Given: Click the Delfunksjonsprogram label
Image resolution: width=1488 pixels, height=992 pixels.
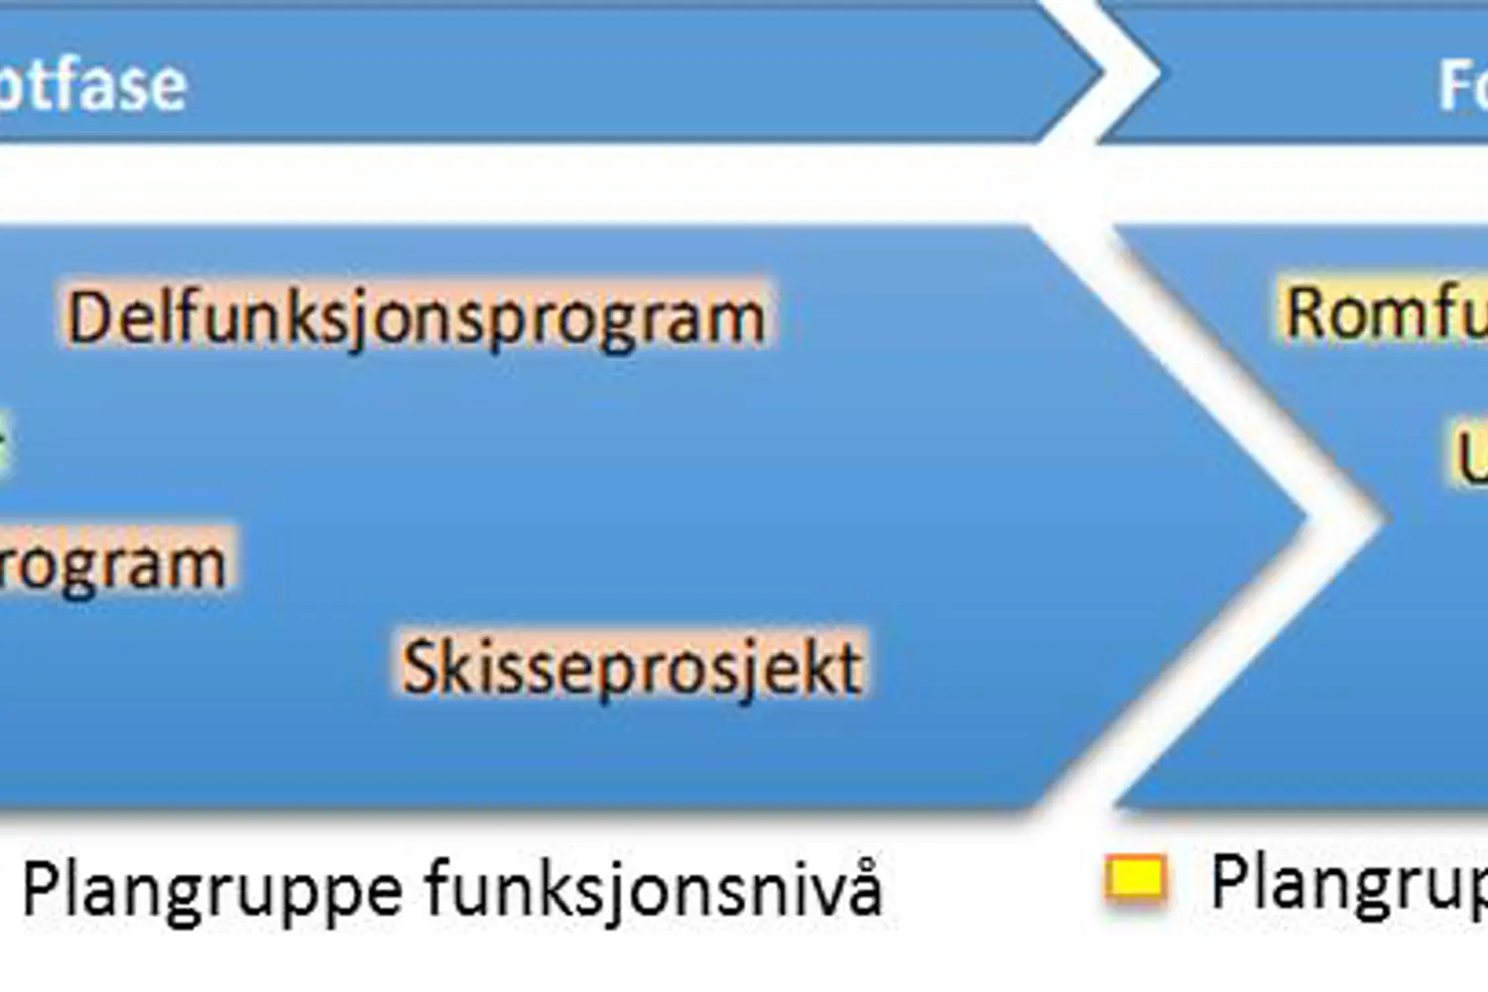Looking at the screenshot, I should coord(417,317).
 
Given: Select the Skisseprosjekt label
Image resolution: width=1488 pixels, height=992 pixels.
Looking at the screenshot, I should coord(632,666).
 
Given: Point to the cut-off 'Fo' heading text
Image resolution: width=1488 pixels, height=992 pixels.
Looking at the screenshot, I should coord(1463,84).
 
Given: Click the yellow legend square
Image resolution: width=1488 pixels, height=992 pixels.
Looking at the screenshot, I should coord(1136,879).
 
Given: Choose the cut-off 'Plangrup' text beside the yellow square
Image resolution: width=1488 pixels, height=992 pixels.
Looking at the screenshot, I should coord(1349,883).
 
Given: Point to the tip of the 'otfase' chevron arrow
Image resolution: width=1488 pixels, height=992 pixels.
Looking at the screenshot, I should coord(1099,71).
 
